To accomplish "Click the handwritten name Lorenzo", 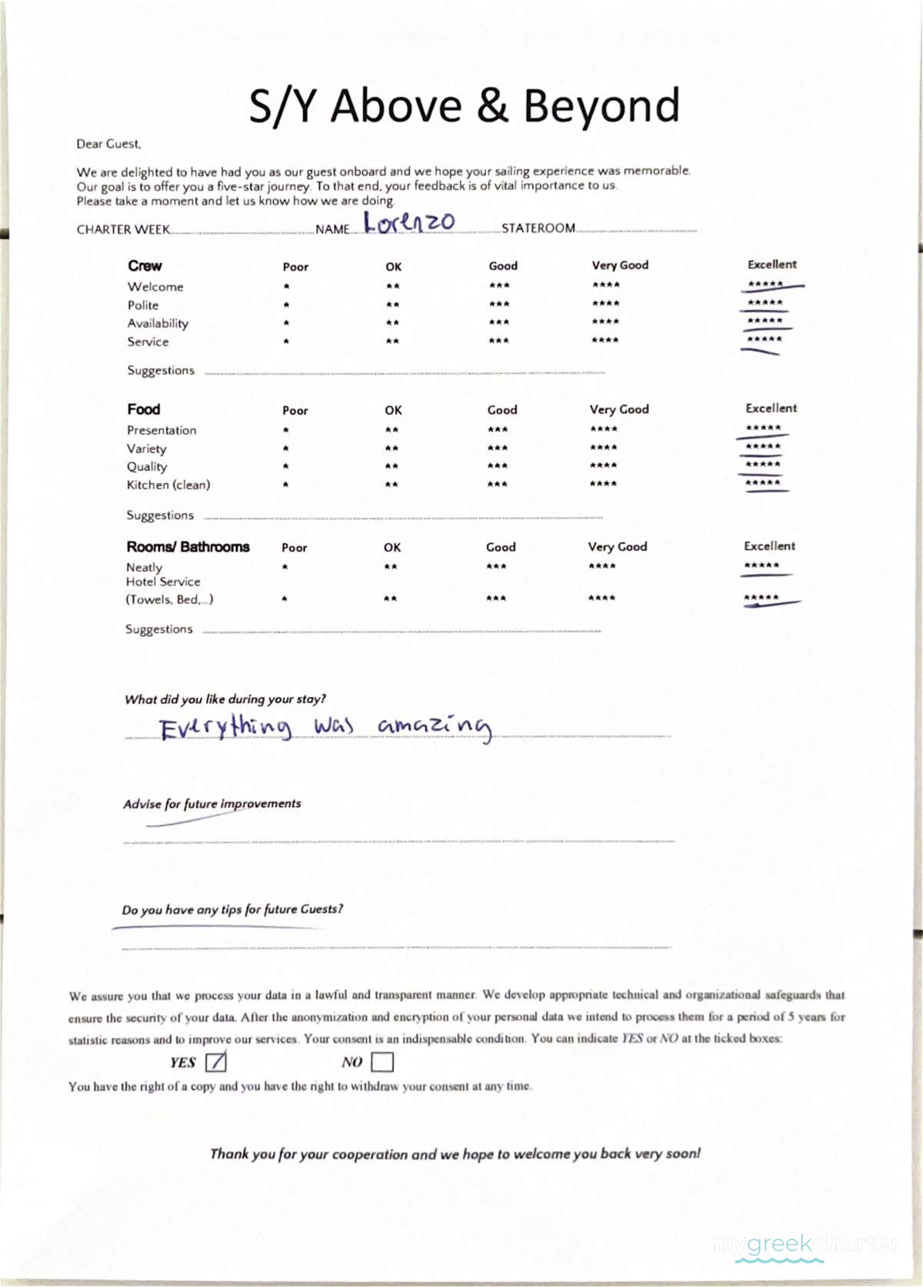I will [409, 222].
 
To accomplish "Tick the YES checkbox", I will [216, 1062].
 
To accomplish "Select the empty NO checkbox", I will [382, 1062].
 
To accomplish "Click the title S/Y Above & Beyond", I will [465, 105].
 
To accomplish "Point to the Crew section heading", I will [145, 266].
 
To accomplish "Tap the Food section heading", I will [144, 409].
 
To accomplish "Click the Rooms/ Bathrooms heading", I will [188, 547].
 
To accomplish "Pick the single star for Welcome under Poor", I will [286, 286].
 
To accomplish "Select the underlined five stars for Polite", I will [765, 303].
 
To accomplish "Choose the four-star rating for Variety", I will [604, 448].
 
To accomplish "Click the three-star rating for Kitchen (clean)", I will [498, 485].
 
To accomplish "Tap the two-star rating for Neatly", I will [391, 567].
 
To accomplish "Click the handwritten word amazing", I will [435, 727].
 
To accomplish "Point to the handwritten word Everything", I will [225, 727].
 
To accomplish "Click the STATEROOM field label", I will [538, 228].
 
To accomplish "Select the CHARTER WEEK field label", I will [123, 229].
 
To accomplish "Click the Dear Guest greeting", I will [108, 144].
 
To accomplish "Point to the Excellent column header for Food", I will [771, 408].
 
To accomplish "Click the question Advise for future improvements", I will [212, 804].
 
